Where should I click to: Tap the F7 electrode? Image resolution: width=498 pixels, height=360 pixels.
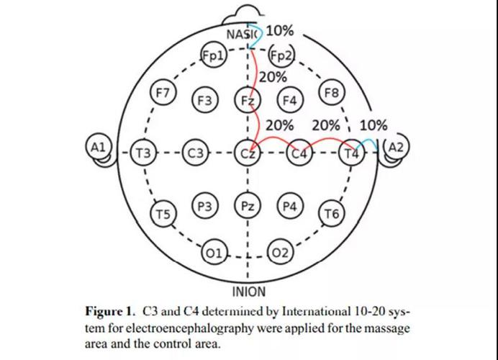163,93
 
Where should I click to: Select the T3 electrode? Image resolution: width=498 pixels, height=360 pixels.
145,153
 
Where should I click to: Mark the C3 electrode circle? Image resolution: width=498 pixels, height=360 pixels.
195,153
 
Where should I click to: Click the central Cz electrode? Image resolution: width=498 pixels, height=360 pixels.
247,153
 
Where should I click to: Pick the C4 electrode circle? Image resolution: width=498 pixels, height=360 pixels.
299,153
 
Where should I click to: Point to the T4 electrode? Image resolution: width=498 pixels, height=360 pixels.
350,153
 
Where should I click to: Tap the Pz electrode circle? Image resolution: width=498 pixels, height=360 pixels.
247,206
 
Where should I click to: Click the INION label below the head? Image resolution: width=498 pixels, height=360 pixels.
248,292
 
